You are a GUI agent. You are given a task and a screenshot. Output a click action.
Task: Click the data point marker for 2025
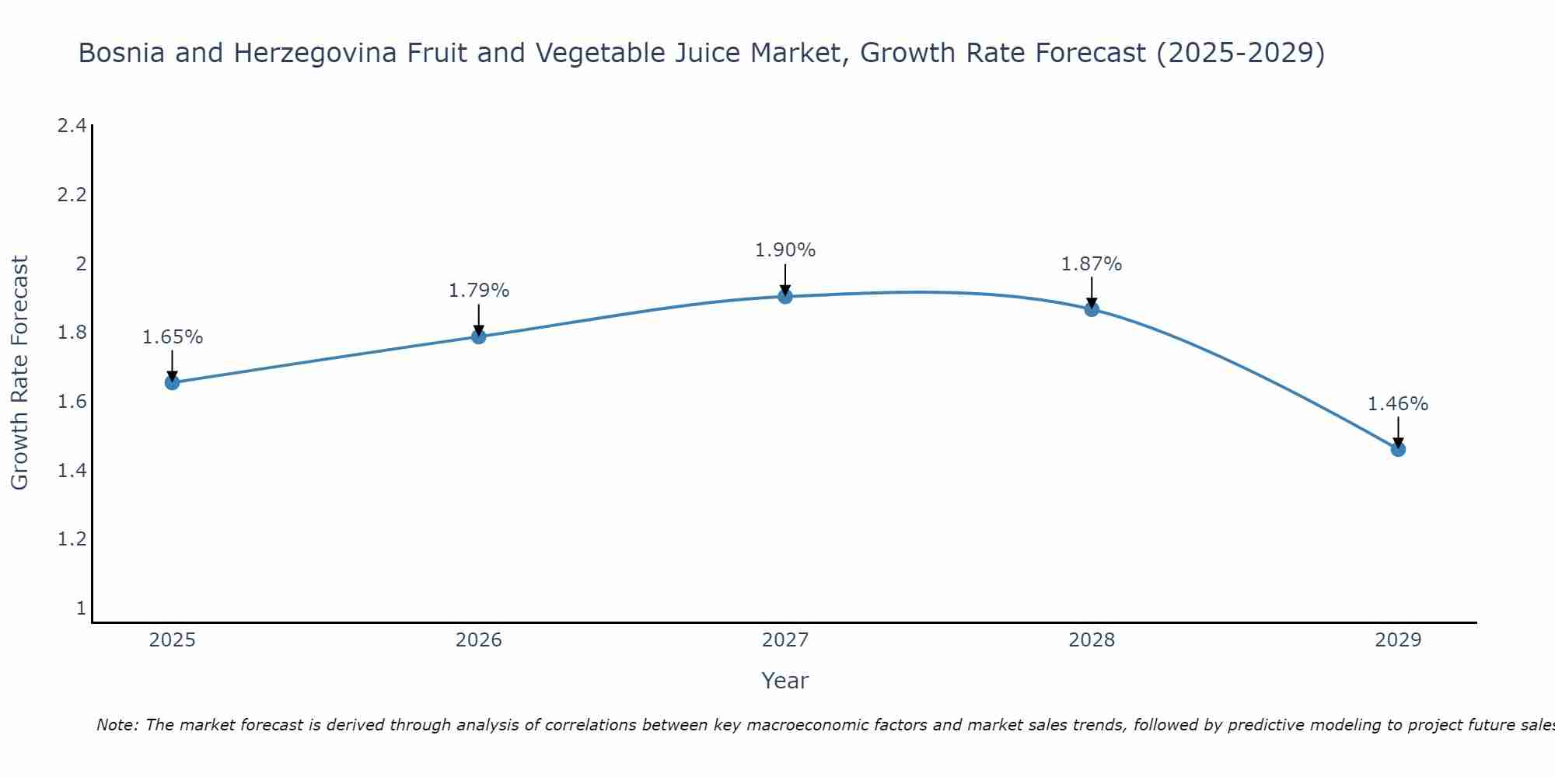(172, 382)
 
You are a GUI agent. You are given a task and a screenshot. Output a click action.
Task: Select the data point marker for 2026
(478, 336)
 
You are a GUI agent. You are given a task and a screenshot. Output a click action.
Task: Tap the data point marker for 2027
(784, 296)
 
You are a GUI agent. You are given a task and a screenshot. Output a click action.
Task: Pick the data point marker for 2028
(1091, 309)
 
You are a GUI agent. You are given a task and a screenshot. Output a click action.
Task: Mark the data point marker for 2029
(1397, 449)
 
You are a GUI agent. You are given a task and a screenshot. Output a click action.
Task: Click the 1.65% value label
(173, 337)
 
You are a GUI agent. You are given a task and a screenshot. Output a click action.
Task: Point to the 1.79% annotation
(479, 291)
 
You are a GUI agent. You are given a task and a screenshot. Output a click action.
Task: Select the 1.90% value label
(785, 250)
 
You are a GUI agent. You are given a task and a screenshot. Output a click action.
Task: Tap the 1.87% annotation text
(1092, 264)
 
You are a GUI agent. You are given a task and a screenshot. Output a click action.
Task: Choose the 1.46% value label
(1398, 404)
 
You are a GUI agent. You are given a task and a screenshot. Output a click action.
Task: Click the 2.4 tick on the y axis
(72, 126)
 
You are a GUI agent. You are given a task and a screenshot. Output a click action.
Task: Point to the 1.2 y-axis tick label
(72, 539)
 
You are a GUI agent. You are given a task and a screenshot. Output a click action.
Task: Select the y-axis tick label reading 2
(80, 264)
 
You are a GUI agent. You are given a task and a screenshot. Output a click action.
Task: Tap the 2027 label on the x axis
(784, 640)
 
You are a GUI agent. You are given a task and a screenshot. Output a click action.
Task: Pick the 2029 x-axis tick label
(1397, 640)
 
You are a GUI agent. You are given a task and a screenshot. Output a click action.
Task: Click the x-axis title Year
(784, 681)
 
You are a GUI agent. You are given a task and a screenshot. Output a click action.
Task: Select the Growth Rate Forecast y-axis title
(19, 373)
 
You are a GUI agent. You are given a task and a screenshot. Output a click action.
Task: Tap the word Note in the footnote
(117, 725)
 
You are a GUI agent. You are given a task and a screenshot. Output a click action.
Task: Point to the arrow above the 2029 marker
(1398, 431)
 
